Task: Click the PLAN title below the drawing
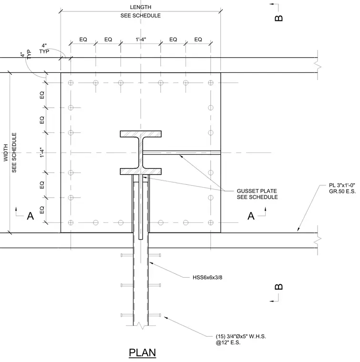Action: coord(143,352)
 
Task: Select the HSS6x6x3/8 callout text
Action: coord(207,277)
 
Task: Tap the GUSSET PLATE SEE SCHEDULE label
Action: coord(257,194)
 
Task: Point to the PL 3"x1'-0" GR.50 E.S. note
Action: coord(342,189)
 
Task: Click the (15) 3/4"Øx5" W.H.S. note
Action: coord(241,339)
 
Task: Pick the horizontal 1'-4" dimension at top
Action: coord(141,40)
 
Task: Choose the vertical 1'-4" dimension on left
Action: coord(42,152)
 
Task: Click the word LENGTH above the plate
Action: coord(141,7)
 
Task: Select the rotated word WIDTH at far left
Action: coord(6,152)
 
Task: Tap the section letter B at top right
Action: coord(278,18)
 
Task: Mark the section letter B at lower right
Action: coord(278,287)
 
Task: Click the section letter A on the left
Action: coord(31,216)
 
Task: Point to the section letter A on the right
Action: coord(251,216)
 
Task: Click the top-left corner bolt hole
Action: coord(71,83)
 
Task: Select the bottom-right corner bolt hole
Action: coord(210,222)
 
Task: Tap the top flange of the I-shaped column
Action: coord(141,134)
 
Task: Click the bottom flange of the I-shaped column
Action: coord(141,171)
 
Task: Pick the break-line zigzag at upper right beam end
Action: coord(318,65)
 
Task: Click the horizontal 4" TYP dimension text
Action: coord(44,49)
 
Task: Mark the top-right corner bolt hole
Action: coord(210,83)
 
